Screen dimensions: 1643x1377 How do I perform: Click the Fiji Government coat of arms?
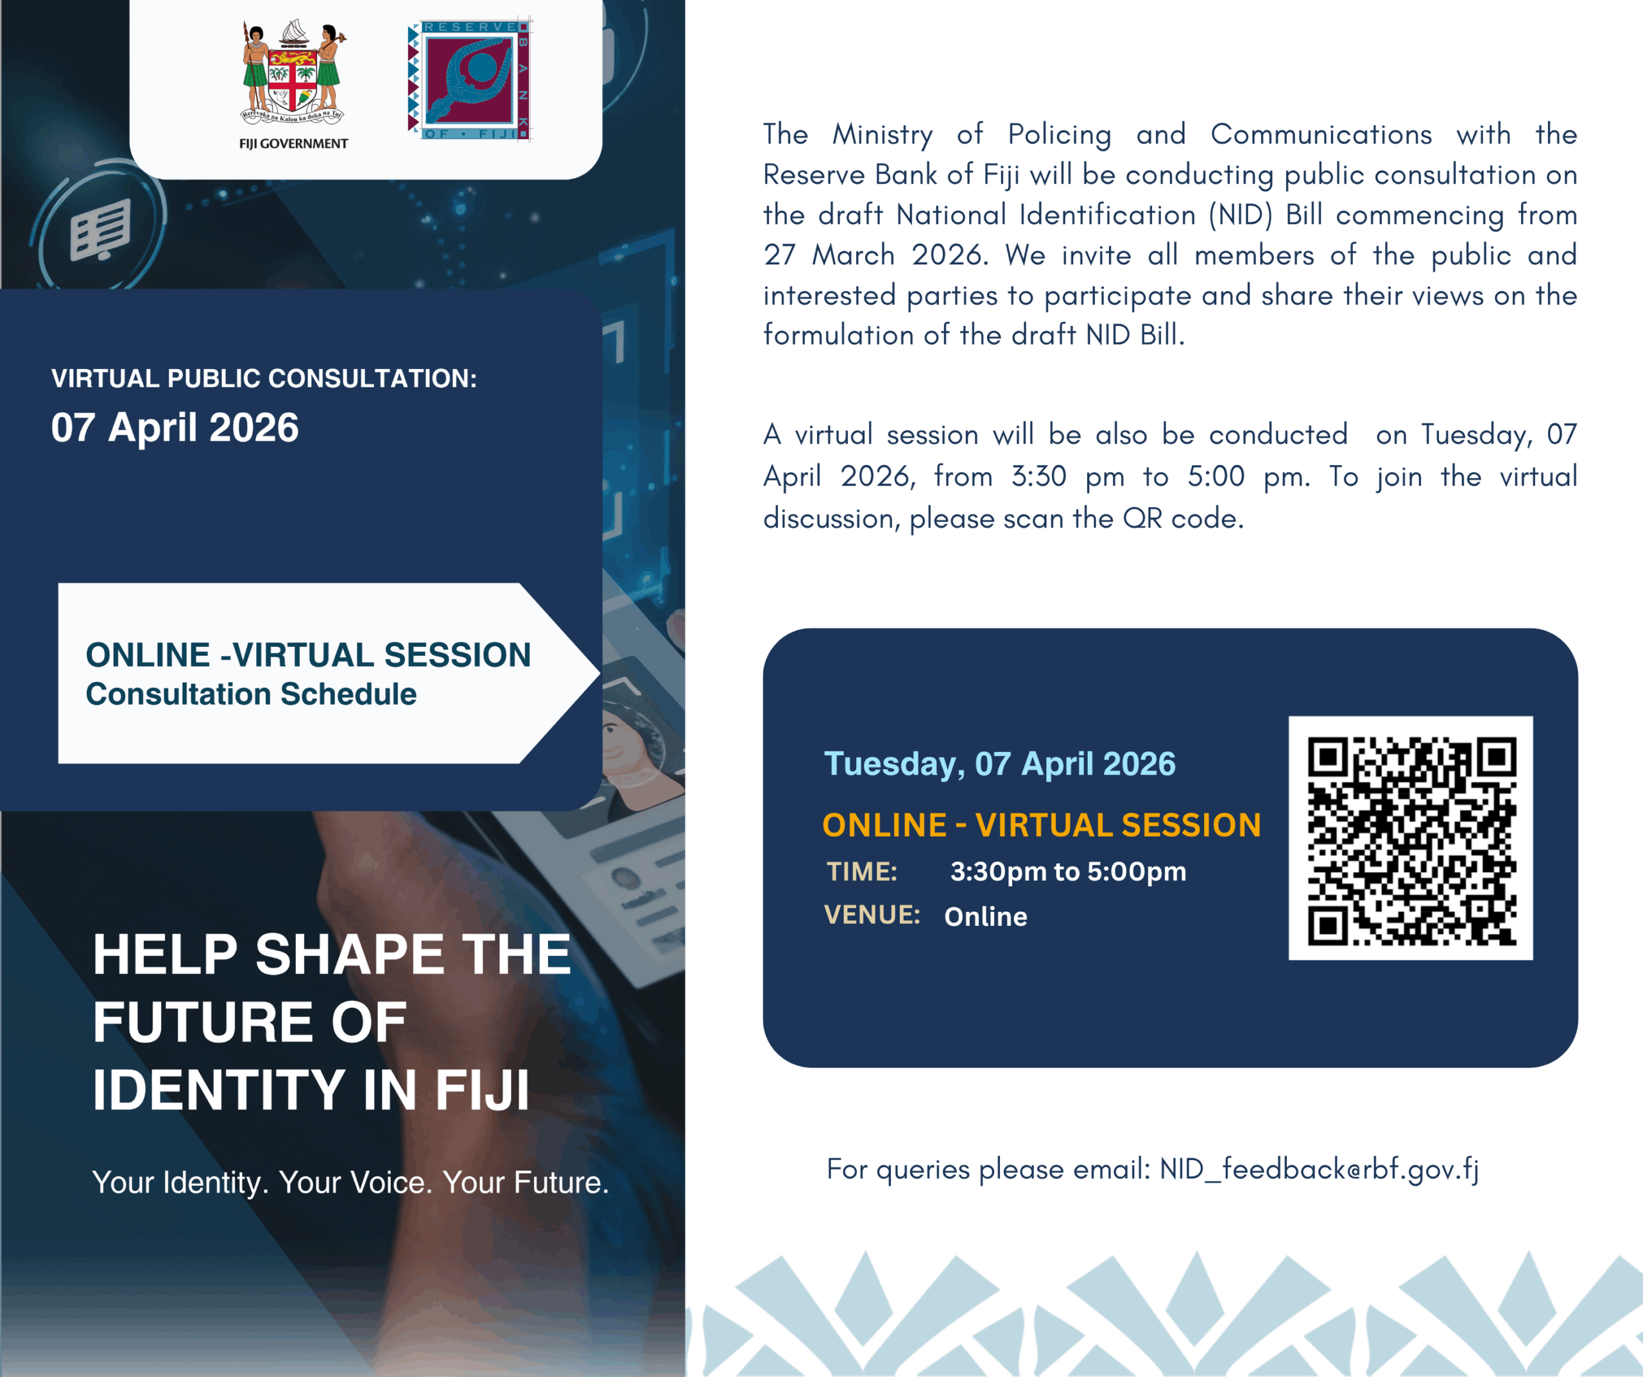293,74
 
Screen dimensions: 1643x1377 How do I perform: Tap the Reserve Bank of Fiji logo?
469,79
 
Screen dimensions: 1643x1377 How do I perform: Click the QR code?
1411,838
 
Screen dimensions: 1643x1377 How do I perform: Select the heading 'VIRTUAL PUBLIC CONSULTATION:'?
264,379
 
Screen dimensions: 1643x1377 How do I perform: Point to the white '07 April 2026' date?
175,428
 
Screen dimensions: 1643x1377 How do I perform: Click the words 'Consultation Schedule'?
250,695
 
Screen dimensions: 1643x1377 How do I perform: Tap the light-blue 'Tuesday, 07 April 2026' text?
999,764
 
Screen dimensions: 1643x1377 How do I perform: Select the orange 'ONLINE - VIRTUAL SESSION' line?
1042,825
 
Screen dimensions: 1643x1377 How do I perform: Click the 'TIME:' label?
862,871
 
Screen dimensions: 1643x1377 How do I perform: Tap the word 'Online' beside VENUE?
986,916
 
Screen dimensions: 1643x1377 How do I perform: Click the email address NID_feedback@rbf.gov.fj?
1319,1170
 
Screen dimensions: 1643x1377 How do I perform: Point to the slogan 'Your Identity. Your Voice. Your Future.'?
350,1182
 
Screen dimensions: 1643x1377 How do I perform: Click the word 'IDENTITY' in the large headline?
219,1090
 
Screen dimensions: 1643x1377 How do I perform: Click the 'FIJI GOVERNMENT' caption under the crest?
293,144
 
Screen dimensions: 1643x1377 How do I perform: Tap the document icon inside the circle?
100,229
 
